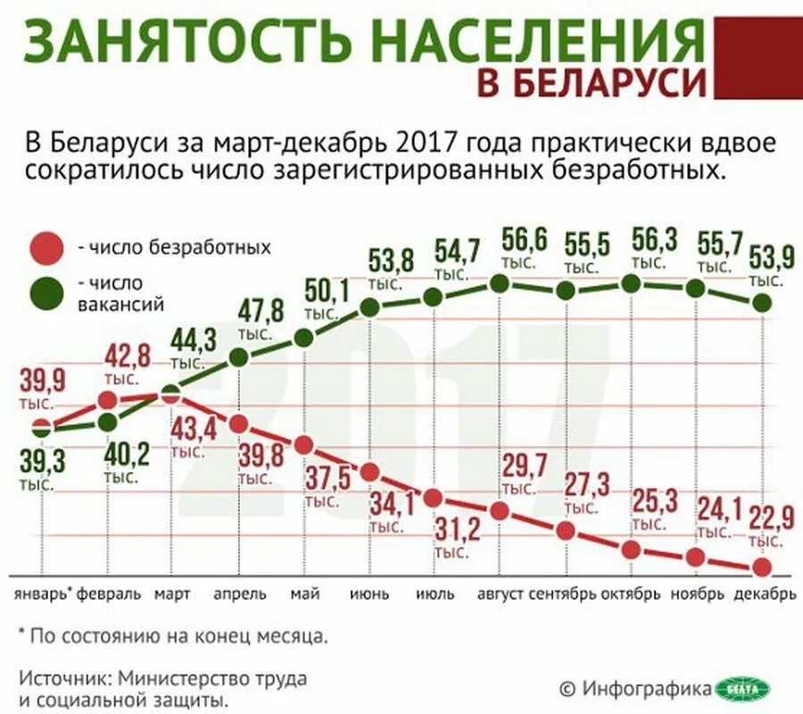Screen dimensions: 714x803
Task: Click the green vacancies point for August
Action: (x=499, y=284)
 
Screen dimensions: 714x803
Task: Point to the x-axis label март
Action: (x=171, y=594)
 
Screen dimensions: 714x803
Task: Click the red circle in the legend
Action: (x=46, y=247)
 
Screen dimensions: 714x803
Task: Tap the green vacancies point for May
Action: (x=303, y=337)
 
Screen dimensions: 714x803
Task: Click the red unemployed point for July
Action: (x=434, y=498)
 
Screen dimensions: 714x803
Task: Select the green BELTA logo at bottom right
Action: (x=743, y=688)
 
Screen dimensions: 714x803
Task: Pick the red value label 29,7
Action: (x=526, y=466)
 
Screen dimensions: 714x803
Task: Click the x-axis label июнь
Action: (x=368, y=594)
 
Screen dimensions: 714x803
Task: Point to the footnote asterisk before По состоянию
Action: (x=22, y=634)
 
